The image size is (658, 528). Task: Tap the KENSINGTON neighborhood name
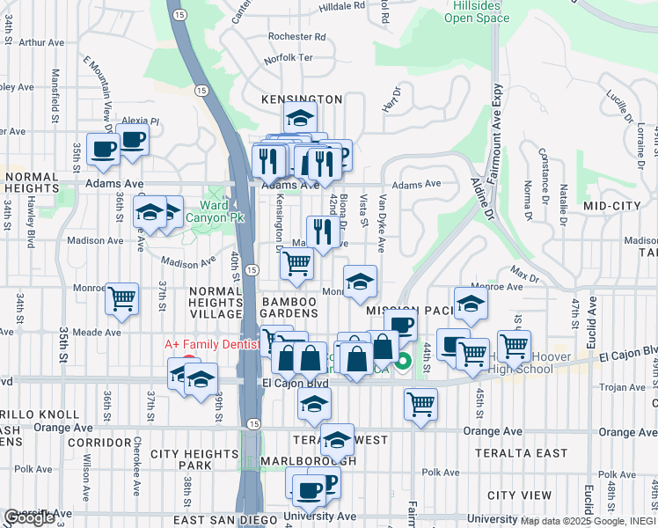pos(302,100)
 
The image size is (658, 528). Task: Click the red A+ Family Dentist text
pos(213,345)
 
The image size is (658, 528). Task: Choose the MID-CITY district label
pos(612,205)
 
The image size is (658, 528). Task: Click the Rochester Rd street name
pos(296,37)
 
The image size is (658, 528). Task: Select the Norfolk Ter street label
pos(289,58)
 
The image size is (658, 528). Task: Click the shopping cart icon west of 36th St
pos(121,299)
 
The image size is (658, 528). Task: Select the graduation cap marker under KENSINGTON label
pos(300,118)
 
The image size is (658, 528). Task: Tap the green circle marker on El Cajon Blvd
pos(404,361)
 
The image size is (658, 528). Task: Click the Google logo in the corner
pos(29,518)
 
